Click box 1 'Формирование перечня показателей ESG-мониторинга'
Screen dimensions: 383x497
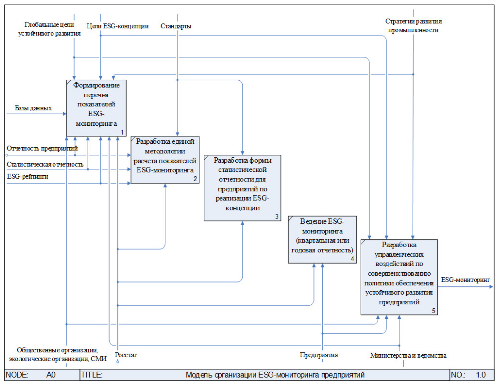[x=96, y=108]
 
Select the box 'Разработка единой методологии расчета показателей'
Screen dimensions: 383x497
[x=165, y=159]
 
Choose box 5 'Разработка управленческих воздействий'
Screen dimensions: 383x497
[x=399, y=277]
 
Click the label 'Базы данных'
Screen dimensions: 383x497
[x=33, y=108]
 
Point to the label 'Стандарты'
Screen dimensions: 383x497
[x=176, y=26]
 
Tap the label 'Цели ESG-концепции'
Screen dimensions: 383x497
[x=117, y=26]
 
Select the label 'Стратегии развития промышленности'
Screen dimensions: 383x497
[x=413, y=25]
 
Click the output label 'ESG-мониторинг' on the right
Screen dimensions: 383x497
[x=465, y=280]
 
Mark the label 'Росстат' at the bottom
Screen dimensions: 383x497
[x=126, y=355]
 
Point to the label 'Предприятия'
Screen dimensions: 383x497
[x=319, y=355]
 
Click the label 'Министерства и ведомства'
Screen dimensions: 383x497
[x=408, y=355]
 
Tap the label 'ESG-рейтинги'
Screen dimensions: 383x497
[x=28, y=176]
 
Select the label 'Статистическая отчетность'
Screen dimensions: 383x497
[x=45, y=164]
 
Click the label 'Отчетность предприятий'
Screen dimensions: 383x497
[x=42, y=148]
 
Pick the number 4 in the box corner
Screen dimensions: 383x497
[x=352, y=259]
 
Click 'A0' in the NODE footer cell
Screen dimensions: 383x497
[x=51, y=375]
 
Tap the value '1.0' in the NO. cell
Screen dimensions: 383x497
[x=481, y=375]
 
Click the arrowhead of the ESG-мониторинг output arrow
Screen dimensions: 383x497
[x=491, y=287]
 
